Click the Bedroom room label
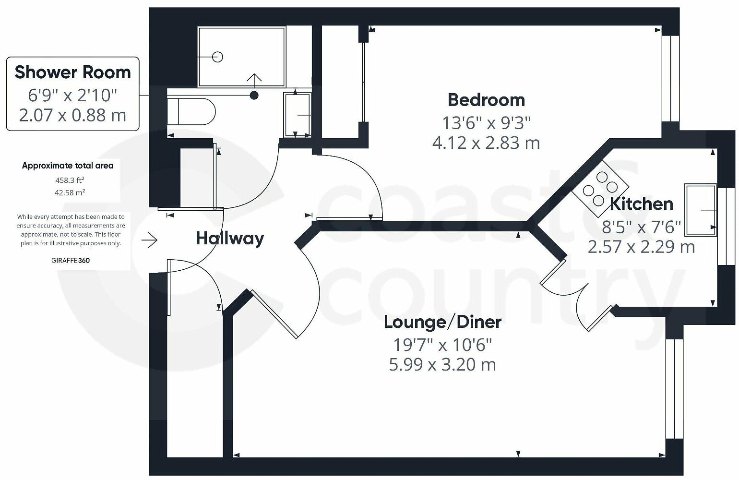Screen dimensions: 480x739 point(486,100)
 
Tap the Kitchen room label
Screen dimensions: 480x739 point(641,204)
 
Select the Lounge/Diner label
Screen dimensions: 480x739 point(442,322)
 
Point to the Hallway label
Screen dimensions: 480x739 point(230,238)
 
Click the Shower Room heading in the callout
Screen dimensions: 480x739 point(72,72)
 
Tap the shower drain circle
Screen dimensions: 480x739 point(218,57)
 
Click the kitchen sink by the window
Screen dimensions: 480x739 point(701,210)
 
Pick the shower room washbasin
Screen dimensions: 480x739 point(297,115)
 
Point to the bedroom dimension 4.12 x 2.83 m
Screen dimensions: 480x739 point(486,143)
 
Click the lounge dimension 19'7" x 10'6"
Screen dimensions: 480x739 point(442,344)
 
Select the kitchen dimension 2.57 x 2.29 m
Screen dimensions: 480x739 point(641,247)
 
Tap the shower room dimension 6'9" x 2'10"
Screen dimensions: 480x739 point(72,95)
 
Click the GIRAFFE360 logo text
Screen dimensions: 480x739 point(70,261)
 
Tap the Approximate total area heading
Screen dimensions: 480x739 point(68,166)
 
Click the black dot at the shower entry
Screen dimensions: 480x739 point(254,96)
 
